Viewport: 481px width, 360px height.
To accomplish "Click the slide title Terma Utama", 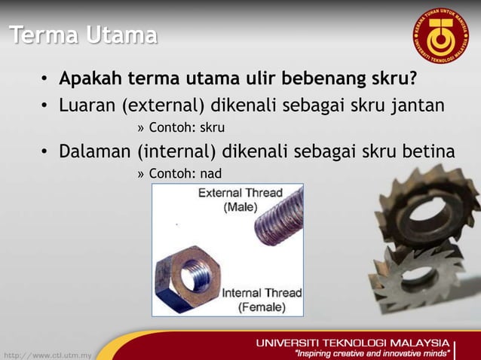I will point(84,35).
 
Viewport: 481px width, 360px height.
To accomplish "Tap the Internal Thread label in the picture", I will point(261,293).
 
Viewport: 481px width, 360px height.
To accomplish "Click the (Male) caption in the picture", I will point(240,206).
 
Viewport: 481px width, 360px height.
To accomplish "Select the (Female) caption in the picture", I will point(262,307).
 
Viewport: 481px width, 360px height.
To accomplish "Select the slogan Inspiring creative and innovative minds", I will point(373,352).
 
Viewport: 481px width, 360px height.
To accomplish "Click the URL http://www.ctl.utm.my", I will point(47,353).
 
